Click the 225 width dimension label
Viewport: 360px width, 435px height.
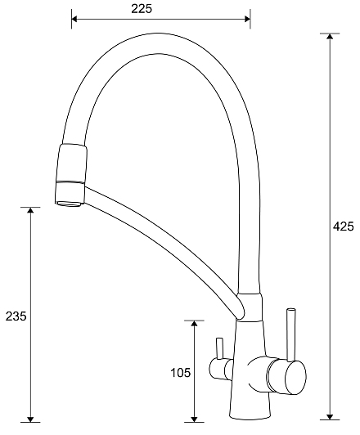click(142, 9)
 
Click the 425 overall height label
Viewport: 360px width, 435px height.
click(344, 226)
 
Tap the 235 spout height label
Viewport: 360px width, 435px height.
click(16, 316)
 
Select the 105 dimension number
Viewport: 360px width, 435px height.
click(181, 373)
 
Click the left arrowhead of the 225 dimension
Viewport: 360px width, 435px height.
click(74, 19)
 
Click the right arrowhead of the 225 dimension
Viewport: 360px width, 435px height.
click(247, 19)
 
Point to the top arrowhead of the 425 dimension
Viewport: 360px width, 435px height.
click(330, 37)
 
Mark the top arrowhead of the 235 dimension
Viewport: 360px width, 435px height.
click(30, 210)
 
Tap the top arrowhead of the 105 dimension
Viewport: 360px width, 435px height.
click(194, 324)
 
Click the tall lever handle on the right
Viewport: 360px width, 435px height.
click(291, 335)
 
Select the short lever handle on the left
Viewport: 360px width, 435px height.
click(219, 348)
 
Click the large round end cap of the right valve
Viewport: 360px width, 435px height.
click(295, 378)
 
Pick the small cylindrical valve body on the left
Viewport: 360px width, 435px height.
click(221, 369)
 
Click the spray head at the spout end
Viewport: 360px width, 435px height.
click(71, 175)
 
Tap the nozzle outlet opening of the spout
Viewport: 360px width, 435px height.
click(69, 204)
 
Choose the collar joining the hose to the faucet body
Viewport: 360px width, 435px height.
click(250, 307)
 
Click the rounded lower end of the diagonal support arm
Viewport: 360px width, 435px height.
click(241, 310)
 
